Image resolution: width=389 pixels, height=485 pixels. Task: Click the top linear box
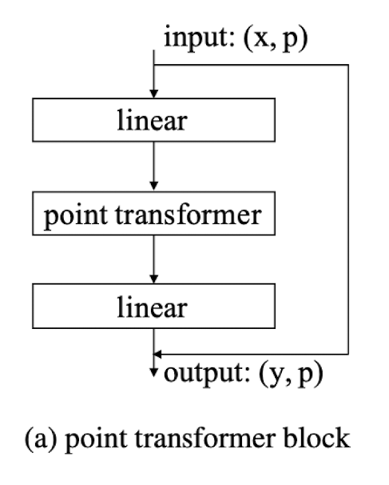click(153, 120)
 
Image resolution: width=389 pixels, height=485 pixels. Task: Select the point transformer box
click(153, 214)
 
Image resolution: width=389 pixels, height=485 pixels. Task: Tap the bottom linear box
click(153, 306)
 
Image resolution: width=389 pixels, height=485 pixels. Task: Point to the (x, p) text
click(276, 38)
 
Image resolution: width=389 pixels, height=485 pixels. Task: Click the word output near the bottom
click(207, 372)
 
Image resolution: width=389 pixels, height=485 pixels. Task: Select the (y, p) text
click(291, 374)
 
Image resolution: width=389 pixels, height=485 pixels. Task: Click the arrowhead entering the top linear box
click(153, 94)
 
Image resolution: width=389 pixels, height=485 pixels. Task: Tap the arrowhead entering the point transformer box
click(153, 186)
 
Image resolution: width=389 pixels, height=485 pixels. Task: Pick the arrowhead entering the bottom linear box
click(153, 279)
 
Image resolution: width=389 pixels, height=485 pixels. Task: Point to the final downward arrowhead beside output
click(153, 373)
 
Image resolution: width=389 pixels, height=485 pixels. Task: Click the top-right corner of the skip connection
click(348, 65)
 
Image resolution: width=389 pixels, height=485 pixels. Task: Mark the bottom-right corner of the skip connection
click(348, 355)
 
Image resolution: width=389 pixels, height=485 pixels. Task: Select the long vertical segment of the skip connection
click(348, 210)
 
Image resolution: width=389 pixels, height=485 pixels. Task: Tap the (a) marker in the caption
click(42, 439)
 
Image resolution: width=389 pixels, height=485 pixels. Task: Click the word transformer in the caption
click(205, 438)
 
